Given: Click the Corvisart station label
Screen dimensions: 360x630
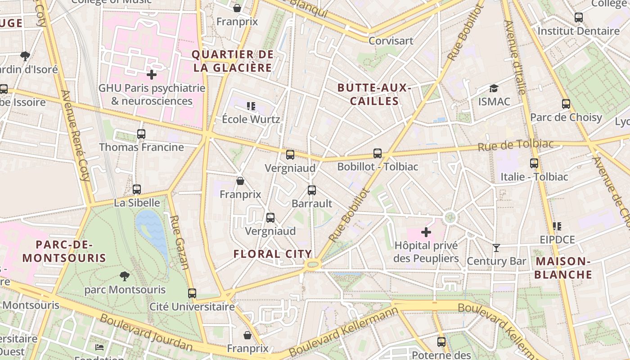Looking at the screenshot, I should tap(391, 41).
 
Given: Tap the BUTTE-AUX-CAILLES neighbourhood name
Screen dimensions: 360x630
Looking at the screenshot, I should tap(374, 94).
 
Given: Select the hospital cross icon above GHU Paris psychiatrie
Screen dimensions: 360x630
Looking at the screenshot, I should tap(152, 75).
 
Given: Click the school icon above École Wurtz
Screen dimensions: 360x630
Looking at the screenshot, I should tap(251, 106).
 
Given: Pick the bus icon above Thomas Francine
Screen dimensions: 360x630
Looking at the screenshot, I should tap(141, 134).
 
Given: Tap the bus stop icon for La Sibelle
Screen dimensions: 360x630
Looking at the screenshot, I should tap(137, 189).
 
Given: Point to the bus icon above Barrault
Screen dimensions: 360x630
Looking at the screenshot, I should tap(312, 190).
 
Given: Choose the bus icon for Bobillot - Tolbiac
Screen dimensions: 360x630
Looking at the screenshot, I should tap(378, 153).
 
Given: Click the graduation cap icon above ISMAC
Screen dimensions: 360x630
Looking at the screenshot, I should tap(494, 88).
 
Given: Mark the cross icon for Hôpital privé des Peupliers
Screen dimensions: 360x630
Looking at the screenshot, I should tap(426, 232).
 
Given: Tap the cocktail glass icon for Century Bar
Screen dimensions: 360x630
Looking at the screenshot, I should tap(496, 248).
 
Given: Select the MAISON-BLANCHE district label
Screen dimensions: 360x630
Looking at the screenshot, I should tap(563, 268).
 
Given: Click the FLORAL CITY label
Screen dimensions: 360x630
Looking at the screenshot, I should tap(273, 254).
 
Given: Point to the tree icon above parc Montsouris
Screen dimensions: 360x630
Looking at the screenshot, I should tap(125, 276).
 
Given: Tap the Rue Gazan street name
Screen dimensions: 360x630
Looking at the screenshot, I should tap(179, 242).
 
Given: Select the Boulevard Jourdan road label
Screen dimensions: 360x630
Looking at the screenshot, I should tap(146, 333).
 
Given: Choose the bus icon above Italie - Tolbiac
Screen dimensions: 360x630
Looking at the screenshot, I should tap(534, 163).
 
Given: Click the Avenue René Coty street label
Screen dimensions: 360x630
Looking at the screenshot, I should tap(75, 135).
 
